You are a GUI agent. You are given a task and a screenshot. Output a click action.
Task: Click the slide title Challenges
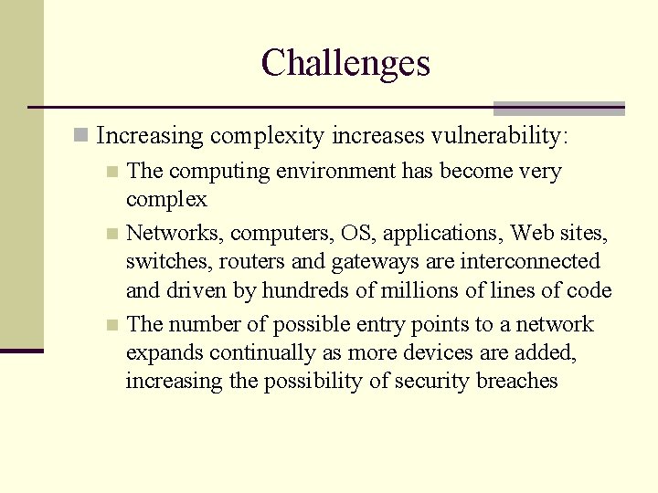(345, 63)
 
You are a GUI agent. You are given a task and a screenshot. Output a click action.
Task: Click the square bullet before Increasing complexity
(81, 136)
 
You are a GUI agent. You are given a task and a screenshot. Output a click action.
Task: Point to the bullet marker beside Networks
(111, 234)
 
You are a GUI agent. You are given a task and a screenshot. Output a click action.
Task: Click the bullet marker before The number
(111, 324)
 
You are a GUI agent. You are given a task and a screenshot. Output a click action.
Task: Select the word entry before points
(375, 325)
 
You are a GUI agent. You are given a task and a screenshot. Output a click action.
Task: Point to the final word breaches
(516, 382)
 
